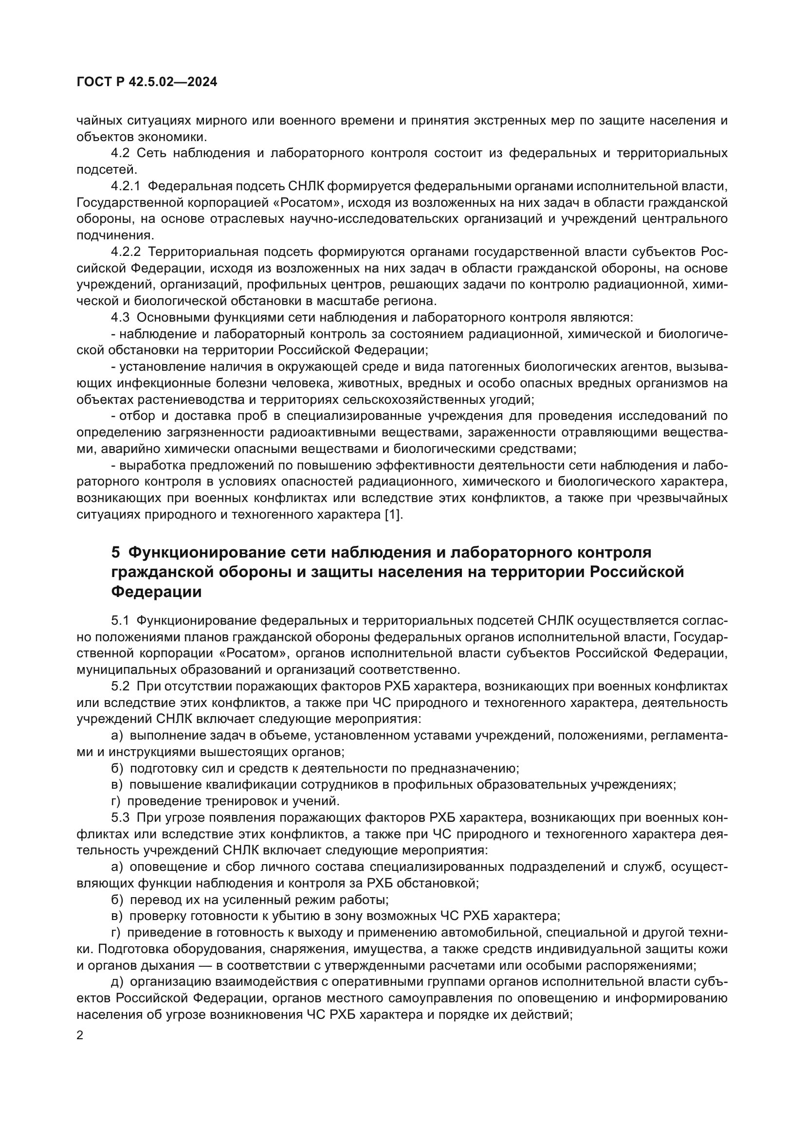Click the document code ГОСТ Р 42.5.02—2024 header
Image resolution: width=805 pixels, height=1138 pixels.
coord(146,82)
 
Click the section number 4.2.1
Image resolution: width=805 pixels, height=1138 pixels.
coord(126,186)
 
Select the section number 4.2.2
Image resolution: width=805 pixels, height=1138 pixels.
coord(126,253)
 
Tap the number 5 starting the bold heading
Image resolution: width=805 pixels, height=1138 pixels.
coord(115,552)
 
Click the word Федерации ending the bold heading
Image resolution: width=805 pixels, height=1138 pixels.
coord(156,592)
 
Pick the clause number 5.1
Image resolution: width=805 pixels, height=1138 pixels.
coord(120,620)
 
